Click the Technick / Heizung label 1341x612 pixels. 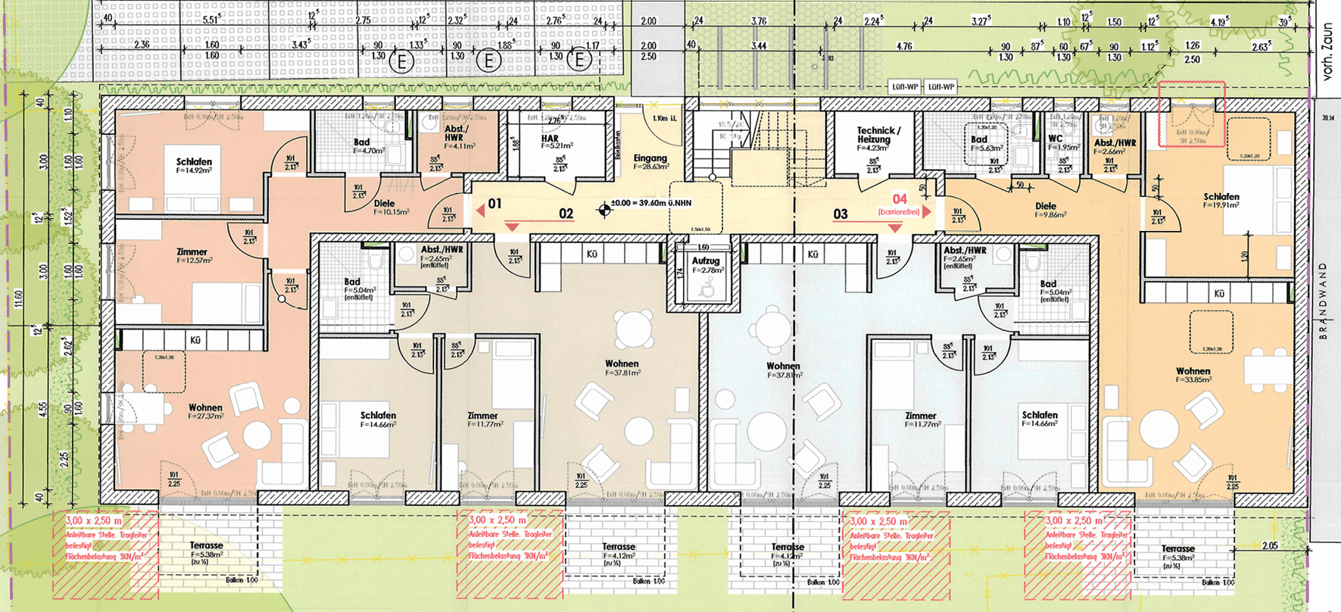pos(878,135)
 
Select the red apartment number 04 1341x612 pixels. pos(900,199)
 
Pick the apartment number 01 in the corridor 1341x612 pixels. pos(494,203)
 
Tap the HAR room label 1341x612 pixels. pos(550,139)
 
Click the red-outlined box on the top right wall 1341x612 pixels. pos(1191,114)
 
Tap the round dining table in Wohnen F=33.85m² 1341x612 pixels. pos(1159,429)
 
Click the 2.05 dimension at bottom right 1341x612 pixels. pos(1270,545)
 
